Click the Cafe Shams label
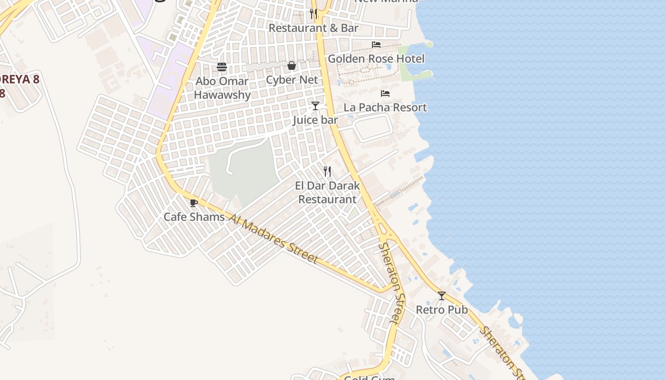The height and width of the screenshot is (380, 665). pyautogui.click(x=194, y=217)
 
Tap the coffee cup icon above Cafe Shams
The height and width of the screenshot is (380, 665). pyautogui.click(x=193, y=203)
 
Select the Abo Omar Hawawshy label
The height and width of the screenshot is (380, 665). pyautogui.click(x=222, y=88)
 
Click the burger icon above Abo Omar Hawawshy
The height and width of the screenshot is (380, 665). pyautogui.click(x=222, y=67)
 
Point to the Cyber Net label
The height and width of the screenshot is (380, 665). pyautogui.click(x=292, y=80)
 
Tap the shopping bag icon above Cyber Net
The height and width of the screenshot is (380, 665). pyautogui.click(x=292, y=66)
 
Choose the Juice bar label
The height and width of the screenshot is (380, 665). pyautogui.click(x=315, y=120)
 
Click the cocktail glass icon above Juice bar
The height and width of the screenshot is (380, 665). pyautogui.click(x=315, y=105)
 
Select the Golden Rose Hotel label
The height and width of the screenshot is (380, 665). pyautogui.click(x=376, y=59)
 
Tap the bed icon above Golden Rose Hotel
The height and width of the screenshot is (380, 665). pyautogui.click(x=376, y=45)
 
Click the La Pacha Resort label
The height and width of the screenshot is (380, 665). pyautogui.click(x=385, y=107)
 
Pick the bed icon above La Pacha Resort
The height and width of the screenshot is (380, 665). pyautogui.click(x=385, y=94)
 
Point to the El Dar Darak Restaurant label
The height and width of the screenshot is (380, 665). pyautogui.click(x=327, y=192)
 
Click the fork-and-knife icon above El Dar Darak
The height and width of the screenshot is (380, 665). pyautogui.click(x=327, y=171)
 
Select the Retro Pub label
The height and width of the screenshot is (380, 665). pyautogui.click(x=442, y=310)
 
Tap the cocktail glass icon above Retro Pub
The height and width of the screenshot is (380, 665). pyautogui.click(x=442, y=296)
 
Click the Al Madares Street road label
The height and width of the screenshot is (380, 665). pyautogui.click(x=273, y=238)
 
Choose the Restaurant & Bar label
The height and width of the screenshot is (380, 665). pyautogui.click(x=313, y=28)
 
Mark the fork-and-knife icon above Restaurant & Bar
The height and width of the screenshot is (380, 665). pyautogui.click(x=313, y=14)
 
